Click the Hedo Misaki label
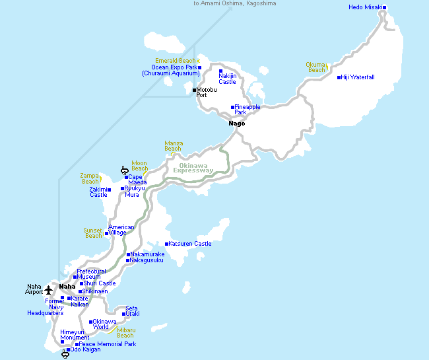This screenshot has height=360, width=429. pyautogui.click(x=365, y=7)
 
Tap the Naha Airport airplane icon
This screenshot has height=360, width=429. pyautogui.click(x=48, y=289)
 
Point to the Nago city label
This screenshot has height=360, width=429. pyautogui.click(x=236, y=124)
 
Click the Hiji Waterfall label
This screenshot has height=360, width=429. pyautogui.click(x=358, y=77)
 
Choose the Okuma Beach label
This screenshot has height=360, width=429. pyautogui.click(x=316, y=67)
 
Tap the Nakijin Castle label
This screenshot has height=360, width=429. pyautogui.click(x=228, y=79)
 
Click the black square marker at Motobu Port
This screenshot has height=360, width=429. pyautogui.click(x=194, y=90)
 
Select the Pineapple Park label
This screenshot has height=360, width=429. pyautogui.click(x=247, y=110)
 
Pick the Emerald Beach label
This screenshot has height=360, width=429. pyautogui.click(x=175, y=61)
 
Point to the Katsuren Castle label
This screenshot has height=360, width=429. pyautogui.click(x=190, y=244)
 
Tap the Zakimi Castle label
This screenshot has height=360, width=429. pyautogui.click(x=98, y=192)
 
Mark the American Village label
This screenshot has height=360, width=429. pyautogui.click(x=121, y=230)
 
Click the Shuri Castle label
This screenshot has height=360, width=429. pyautogui.click(x=99, y=283)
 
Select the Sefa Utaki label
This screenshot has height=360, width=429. pyautogui.click(x=132, y=311)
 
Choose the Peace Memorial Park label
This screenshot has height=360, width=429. pyautogui.click(x=108, y=344)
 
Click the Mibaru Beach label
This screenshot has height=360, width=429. pyautogui.click(x=125, y=333)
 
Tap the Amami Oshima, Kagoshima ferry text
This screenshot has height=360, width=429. pyautogui.click(x=234, y=3)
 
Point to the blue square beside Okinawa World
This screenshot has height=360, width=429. pyautogui.click(x=90, y=322)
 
